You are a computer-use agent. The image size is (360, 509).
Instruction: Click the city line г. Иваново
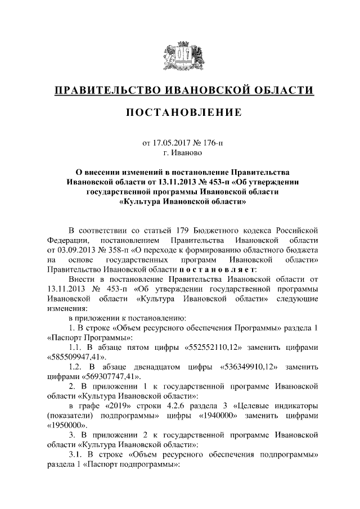coord(182,152)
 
